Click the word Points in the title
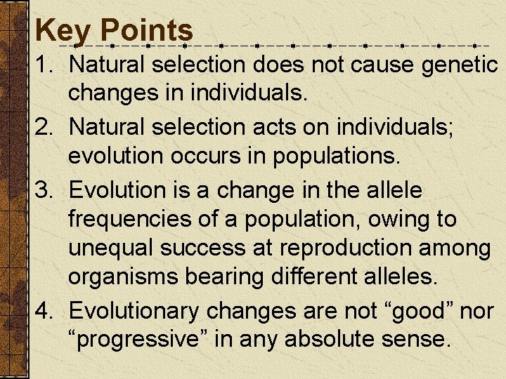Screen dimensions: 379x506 pyautogui.click(x=147, y=30)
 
